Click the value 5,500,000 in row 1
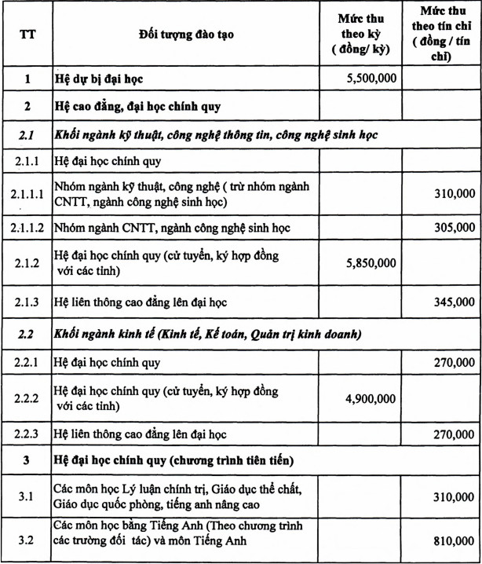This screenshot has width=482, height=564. pyautogui.click(x=371, y=79)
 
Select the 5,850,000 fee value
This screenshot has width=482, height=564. pyautogui.click(x=371, y=265)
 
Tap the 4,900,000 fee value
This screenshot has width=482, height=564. pyautogui.click(x=371, y=398)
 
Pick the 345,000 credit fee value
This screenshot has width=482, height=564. pyautogui.click(x=453, y=301)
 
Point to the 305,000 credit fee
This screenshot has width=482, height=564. pyautogui.click(x=453, y=228)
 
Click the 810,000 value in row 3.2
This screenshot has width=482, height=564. pyautogui.click(x=453, y=540)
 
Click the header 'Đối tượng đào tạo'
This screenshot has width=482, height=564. pyautogui.click(x=186, y=35)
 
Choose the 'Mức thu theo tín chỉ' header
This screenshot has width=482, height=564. pyautogui.click(x=440, y=35)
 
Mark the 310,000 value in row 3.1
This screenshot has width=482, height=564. pyautogui.click(x=453, y=497)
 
